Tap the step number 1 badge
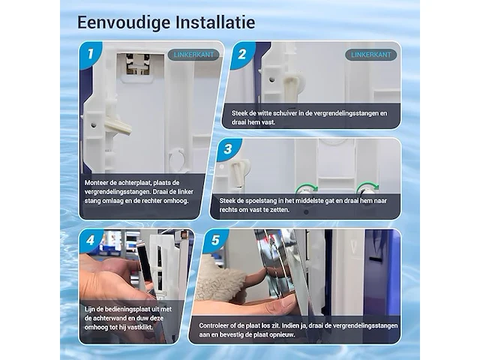pyautogui.click(x=90, y=54)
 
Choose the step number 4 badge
pyautogui.click(x=90, y=242)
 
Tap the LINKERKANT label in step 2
pyautogui.click(x=370, y=55)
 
